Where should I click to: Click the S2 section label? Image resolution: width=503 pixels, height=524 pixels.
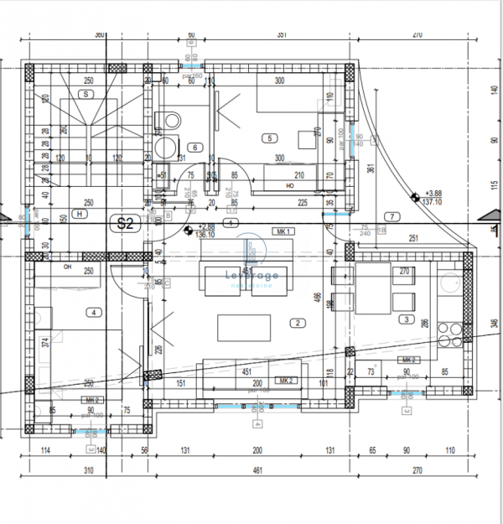click(126, 224)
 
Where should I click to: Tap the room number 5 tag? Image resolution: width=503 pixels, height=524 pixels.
click(269, 138)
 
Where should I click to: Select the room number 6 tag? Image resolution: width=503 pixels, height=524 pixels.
click(195, 148)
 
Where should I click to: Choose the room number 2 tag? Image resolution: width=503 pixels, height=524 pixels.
click(296, 323)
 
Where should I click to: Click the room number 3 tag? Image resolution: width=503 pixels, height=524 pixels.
click(406, 319)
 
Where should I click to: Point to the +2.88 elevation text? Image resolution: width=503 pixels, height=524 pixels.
click(205, 226)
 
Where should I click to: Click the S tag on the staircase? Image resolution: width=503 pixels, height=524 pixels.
click(85, 95)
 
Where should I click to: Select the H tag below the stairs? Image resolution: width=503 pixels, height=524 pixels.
click(80, 214)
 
